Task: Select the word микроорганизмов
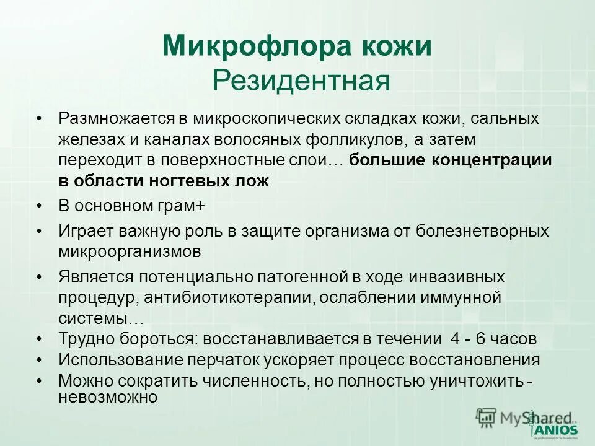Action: tap(130, 252)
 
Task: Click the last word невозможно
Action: tap(108, 397)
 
